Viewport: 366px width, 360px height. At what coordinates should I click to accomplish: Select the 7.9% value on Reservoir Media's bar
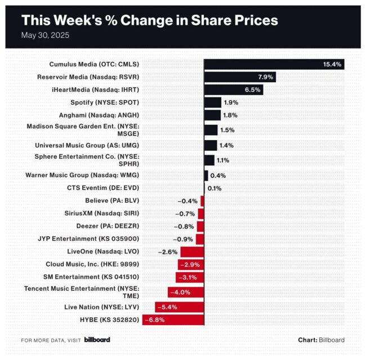click(x=266, y=77)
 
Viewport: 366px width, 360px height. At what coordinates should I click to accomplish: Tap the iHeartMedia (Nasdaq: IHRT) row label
click(x=97, y=89)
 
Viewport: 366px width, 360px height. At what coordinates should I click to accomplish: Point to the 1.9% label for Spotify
click(x=231, y=102)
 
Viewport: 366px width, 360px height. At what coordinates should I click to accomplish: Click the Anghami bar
click(x=212, y=115)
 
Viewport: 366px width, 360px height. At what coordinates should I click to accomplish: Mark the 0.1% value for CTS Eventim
click(x=214, y=188)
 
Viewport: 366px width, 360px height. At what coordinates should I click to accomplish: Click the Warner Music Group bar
click(x=206, y=175)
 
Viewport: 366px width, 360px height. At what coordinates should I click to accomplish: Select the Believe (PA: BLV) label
click(x=112, y=200)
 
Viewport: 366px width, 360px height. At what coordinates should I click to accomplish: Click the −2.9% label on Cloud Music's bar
click(x=189, y=264)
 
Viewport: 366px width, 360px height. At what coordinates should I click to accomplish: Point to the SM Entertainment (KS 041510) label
click(x=91, y=276)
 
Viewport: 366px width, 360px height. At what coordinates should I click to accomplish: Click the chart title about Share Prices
click(x=149, y=20)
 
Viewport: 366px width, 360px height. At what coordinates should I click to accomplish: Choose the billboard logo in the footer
click(x=97, y=340)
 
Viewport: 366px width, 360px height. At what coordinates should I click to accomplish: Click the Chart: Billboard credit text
click(x=321, y=340)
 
